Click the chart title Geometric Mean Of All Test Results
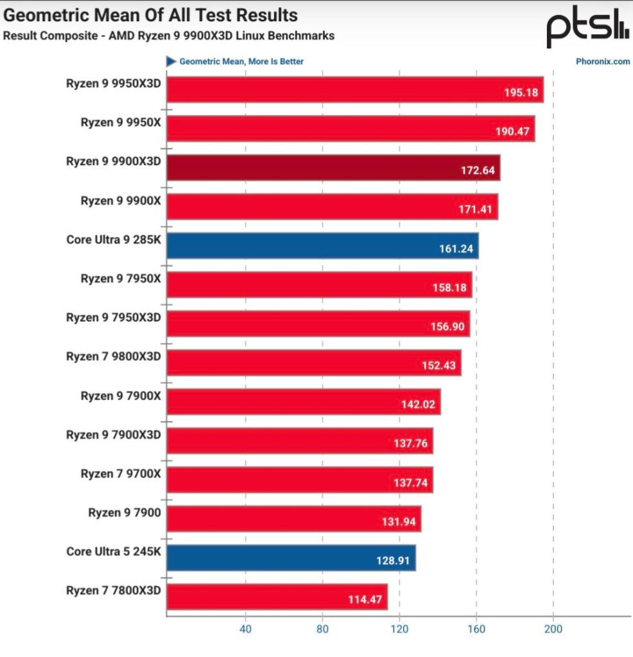pyautogui.click(x=151, y=15)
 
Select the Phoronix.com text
pyautogui.click(x=603, y=62)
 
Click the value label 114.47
pyautogui.click(x=363, y=600)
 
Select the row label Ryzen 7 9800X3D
pyautogui.click(x=114, y=356)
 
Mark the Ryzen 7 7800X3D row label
pyautogui.click(x=114, y=590)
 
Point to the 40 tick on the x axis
pyautogui.click(x=245, y=629)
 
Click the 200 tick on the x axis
pyautogui.click(x=553, y=629)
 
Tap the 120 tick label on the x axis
pyautogui.click(x=399, y=629)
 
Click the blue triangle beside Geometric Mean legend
pyautogui.click(x=171, y=62)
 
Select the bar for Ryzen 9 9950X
pyautogui.click(x=351, y=128)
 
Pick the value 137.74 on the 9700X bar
pyautogui.click(x=410, y=483)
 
